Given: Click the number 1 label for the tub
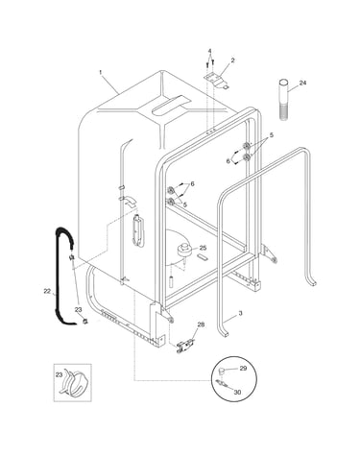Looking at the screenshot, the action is (x=100, y=73).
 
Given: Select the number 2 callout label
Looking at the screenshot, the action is (x=232, y=60).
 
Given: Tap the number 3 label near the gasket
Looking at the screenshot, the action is (x=241, y=313).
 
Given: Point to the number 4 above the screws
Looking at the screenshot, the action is (x=209, y=51).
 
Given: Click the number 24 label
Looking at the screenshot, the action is (x=302, y=83).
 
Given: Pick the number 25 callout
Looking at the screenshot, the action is (x=203, y=248).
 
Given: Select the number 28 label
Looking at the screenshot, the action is (x=201, y=324).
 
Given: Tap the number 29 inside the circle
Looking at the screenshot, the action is (x=243, y=369).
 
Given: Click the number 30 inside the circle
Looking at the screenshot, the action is (x=237, y=392).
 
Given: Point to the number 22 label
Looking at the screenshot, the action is (x=47, y=291).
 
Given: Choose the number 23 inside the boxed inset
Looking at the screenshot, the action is (x=60, y=375).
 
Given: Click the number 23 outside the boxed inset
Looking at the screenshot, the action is (x=78, y=310).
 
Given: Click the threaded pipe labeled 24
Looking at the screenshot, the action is (x=283, y=100).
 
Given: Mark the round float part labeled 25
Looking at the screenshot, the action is (x=184, y=250).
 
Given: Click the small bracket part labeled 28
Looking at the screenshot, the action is (x=184, y=347).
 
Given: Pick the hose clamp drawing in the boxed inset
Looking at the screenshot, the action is (x=73, y=383).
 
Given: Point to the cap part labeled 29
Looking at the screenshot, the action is (x=221, y=372).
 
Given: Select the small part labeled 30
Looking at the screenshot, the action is (x=222, y=383).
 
